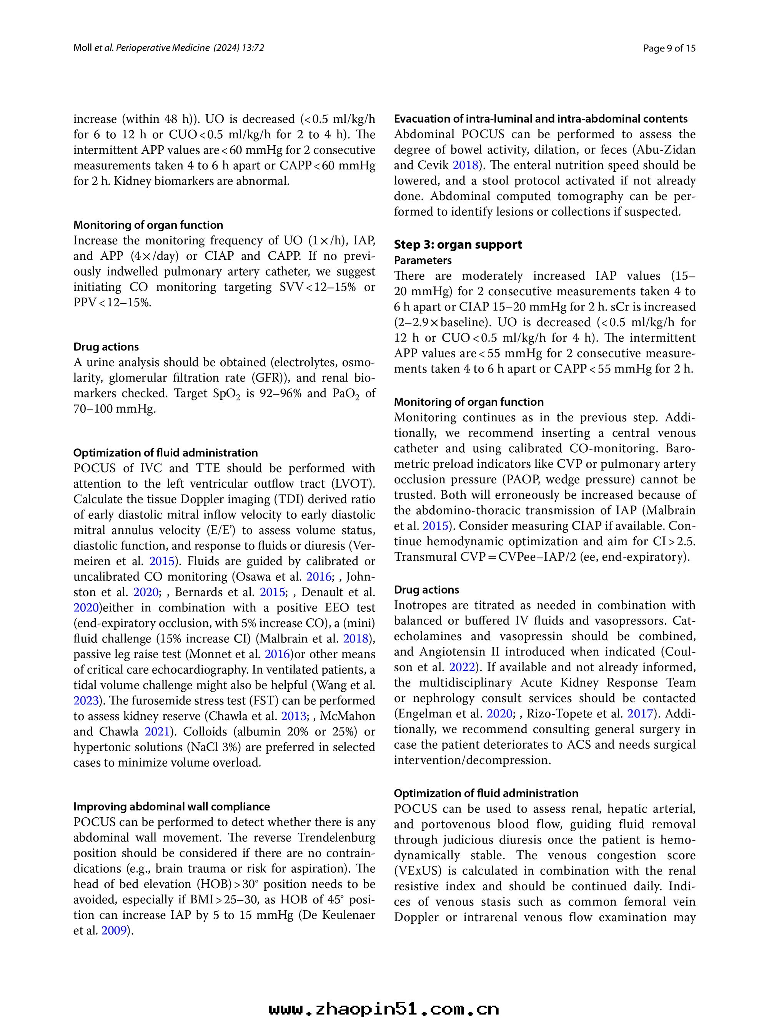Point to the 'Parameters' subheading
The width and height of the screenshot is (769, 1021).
423,260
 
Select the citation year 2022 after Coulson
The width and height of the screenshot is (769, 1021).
462,667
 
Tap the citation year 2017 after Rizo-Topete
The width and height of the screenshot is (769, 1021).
640,714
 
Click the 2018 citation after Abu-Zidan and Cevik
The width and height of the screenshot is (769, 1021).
465,165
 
